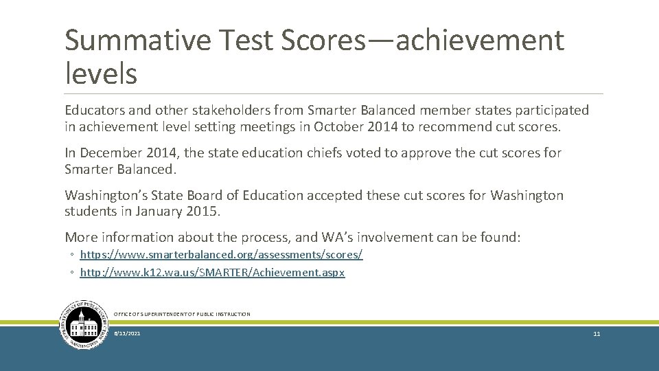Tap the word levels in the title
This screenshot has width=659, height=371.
tap(101, 73)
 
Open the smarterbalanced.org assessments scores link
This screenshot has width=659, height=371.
tap(221, 255)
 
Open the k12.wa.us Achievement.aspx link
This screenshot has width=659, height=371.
tap(212, 273)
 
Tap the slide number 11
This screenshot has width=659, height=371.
tap(597, 334)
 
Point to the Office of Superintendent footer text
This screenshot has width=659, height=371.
tap(182, 314)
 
